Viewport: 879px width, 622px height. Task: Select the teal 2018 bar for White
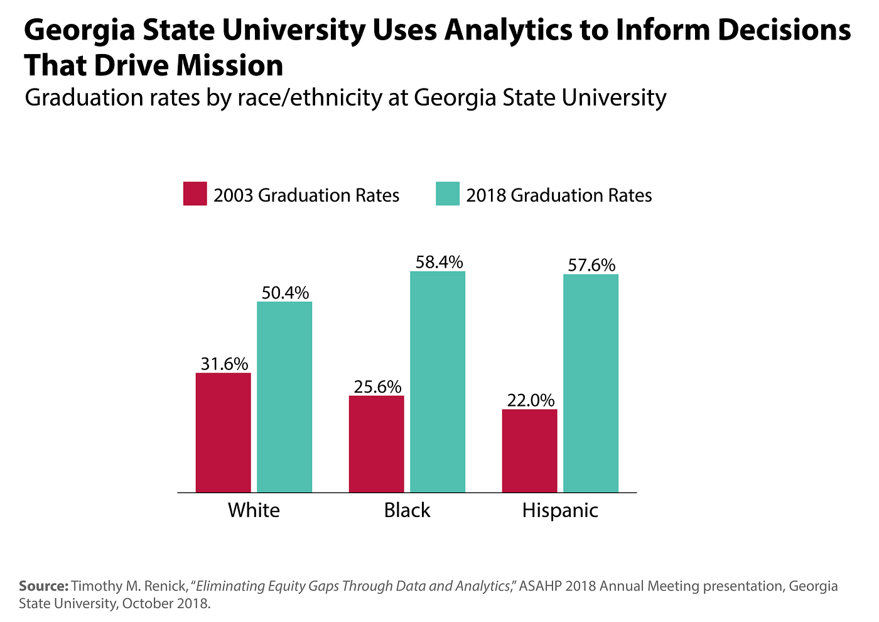point(284,396)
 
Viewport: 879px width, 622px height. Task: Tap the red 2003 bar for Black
point(376,444)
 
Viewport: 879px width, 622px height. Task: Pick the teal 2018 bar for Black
point(438,381)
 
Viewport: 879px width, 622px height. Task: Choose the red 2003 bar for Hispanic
point(529,450)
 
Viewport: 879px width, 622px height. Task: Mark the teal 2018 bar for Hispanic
point(591,383)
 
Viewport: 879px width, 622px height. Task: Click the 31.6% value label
point(224,364)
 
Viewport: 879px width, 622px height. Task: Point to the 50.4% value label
point(285,293)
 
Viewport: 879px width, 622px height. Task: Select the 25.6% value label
point(377,386)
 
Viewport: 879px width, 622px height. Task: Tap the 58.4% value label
point(439,262)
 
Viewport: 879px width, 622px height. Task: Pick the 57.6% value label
point(591,265)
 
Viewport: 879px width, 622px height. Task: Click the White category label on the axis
point(254,510)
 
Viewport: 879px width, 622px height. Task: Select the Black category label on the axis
point(407,510)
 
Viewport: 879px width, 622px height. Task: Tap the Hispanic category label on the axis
point(560,510)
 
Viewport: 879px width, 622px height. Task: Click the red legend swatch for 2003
point(195,194)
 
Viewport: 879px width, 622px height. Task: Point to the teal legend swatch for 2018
point(448,194)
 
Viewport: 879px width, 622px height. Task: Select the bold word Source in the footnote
point(43,586)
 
